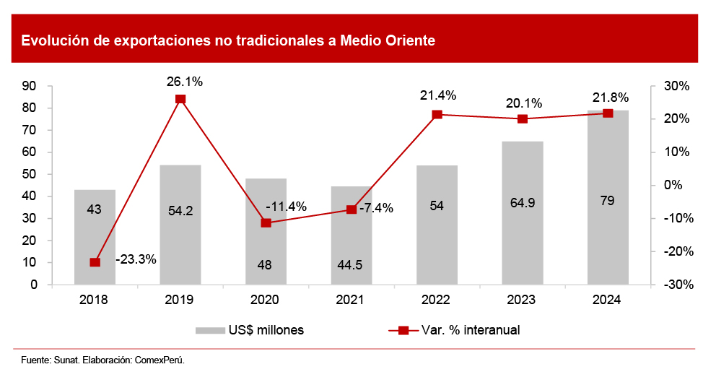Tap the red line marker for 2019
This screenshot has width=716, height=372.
180,99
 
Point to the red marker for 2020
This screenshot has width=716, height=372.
266,223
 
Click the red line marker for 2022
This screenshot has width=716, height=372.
437,114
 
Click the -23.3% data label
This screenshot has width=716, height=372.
136,259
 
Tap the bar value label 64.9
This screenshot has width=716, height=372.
522,204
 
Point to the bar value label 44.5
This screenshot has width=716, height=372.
350,264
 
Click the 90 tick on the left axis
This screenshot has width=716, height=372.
30,86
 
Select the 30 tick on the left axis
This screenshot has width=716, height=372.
30,218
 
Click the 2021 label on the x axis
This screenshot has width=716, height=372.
351,299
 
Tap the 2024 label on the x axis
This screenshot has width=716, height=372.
607,299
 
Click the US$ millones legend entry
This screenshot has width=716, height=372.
250,330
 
